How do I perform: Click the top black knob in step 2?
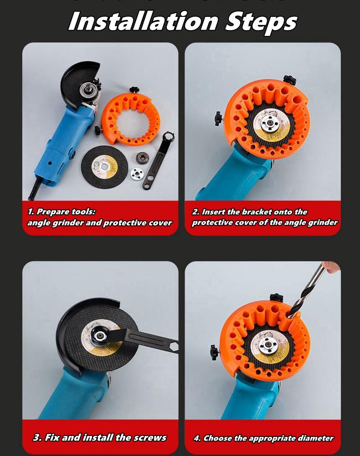pyautogui.click(x=289, y=80)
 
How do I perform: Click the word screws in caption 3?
pyautogui.click(x=150, y=438)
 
